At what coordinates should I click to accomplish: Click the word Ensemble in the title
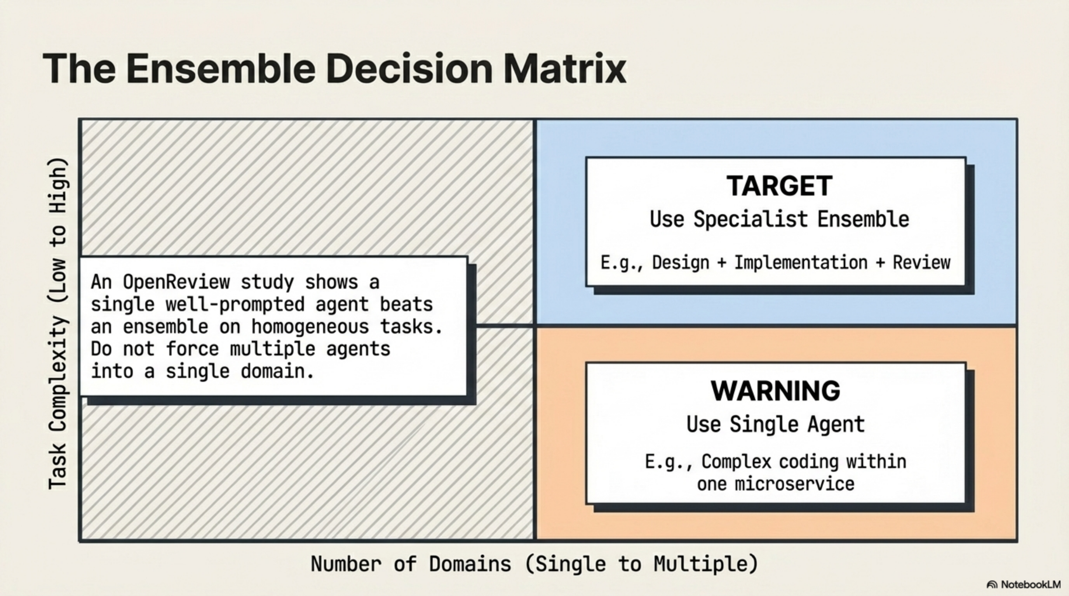[221, 68]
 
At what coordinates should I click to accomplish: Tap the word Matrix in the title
[564, 68]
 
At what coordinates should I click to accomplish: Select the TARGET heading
[779, 186]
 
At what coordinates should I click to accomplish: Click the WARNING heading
[776, 391]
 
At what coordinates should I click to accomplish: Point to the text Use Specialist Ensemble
[779, 219]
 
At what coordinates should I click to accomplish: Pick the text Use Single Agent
[776, 424]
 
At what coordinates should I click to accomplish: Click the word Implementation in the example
[801, 263]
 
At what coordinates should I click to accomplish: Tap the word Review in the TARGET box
[922, 263]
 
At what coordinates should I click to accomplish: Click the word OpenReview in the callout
[176, 282]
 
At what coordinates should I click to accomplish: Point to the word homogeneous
[310, 327]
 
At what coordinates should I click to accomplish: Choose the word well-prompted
[235, 305]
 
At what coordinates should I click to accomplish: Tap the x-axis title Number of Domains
[411, 564]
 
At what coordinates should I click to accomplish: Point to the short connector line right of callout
[505, 326]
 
